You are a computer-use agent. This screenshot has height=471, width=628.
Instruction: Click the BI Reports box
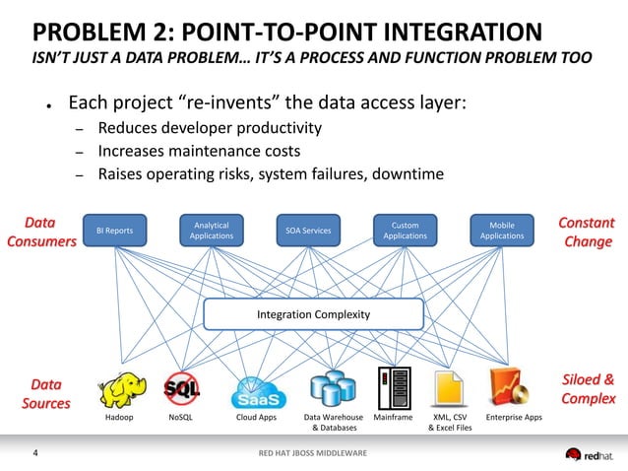click(114, 231)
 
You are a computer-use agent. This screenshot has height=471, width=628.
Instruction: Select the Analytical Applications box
click(211, 231)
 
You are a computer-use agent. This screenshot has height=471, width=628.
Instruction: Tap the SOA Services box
click(307, 231)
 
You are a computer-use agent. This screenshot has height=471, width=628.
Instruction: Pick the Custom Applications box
click(405, 231)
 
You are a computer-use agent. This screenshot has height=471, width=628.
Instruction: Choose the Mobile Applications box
click(502, 231)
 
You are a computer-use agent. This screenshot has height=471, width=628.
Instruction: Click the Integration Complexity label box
click(313, 314)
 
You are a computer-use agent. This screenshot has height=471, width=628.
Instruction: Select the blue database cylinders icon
click(331, 389)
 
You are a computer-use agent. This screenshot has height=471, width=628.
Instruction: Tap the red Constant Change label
click(587, 233)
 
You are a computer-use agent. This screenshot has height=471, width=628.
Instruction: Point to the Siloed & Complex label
click(588, 389)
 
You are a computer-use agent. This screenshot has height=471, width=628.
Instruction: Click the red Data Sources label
click(46, 393)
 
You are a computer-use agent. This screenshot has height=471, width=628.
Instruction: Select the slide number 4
click(36, 453)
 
